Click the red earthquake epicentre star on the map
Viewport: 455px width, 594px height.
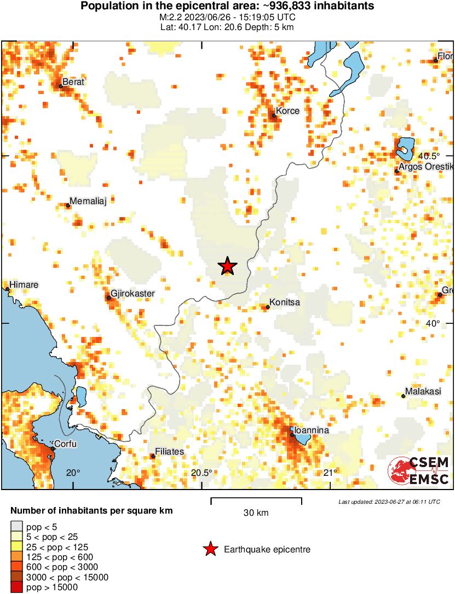coord(228,266)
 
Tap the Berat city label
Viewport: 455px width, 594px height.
coord(73,82)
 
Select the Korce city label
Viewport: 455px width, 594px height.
coord(287,111)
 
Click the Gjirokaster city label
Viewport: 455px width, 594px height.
coord(133,294)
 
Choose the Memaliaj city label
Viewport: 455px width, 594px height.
coord(87,201)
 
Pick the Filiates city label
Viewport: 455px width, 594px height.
coord(170,452)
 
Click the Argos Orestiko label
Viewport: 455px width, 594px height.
coord(427,166)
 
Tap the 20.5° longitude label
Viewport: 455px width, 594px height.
coord(201,473)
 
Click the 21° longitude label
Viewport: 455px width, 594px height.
coord(330,473)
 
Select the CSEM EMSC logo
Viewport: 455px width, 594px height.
coord(419,471)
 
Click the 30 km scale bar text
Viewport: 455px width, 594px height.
coord(256,513)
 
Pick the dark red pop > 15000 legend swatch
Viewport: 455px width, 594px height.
coord(17,587)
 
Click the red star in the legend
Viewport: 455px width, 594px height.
coord(210,550)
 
